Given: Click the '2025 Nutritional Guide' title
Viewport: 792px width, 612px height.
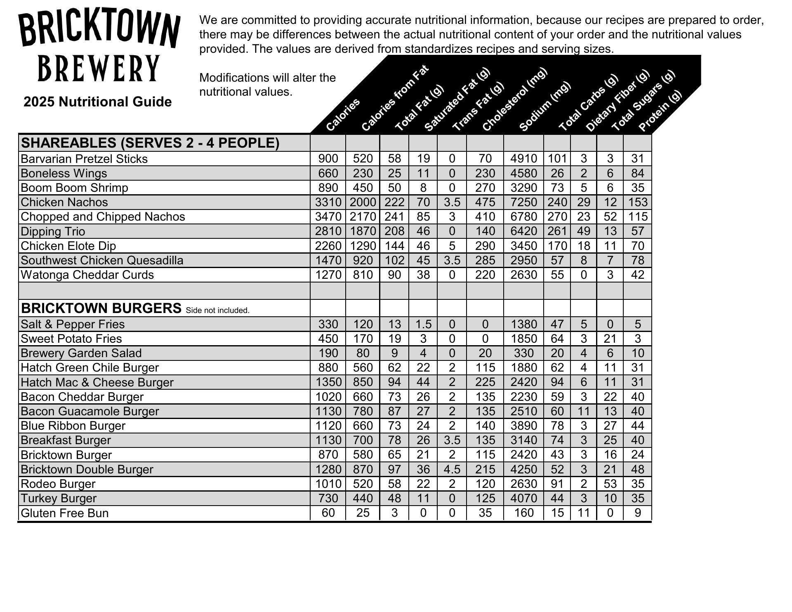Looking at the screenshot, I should pyautogui.click(x=97, y=102).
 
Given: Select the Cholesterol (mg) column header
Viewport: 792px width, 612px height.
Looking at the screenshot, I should pyautogui.click(x=514, y=100).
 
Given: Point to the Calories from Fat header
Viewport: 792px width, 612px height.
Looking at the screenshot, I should pyautogui.click(x=395, y=98).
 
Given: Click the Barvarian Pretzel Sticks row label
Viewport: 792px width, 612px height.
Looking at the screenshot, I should pyautogui.click(x=84, y=159).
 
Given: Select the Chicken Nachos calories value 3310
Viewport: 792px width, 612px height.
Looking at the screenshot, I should pyautogui.click(x=328, y=202).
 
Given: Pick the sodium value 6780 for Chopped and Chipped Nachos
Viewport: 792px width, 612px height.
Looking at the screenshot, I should pyautogui.click(x=523, y=217).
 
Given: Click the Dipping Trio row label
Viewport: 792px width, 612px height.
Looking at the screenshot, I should pyautogui.click(x=53, y=231).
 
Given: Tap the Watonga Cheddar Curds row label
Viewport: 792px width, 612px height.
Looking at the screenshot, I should pyautogui.click(x=87, y=275).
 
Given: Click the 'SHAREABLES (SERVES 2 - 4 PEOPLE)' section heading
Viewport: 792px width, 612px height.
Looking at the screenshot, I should pyautogui.click(x=150, y=143).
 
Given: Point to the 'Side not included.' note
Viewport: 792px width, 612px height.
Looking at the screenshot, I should pyautogui.click(x=217, y=310).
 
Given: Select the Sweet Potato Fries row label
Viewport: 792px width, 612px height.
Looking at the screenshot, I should pyautogui.click(x=71, y=339).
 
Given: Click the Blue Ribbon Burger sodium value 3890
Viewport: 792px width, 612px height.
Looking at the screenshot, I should pyautogui.click(x=523, y=426).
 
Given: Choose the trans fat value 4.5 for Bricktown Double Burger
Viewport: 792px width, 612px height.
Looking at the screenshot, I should pyautogui.click(x=452, y=469).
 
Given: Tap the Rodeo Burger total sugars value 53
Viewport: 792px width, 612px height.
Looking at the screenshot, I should pyautogui.click(x=610, y=484).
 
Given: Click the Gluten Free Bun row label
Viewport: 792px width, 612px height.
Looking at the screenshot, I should pyautogui.click(x=65, y=513).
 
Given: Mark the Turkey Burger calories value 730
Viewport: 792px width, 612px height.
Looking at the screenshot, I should pyautogui.click(x=328, y=498).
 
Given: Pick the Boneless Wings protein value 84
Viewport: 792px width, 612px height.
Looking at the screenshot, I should pyautogui.click(x=637, y=173).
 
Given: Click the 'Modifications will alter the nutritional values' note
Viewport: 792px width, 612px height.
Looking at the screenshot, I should pyautogui.click(x=267, y=85).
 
